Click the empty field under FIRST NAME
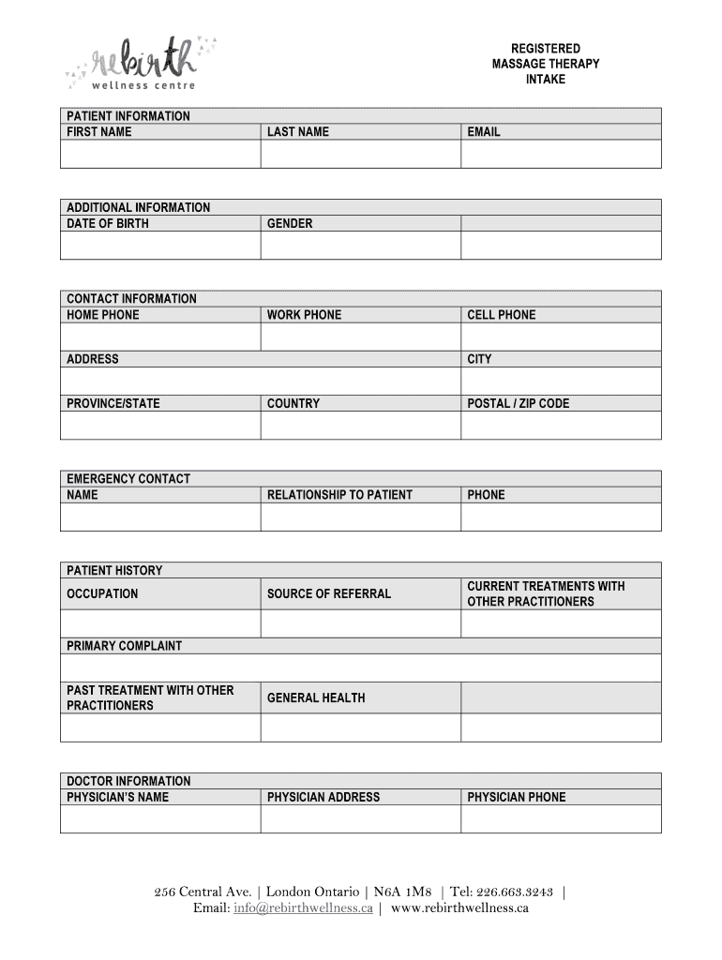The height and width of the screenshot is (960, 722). coord(160,154)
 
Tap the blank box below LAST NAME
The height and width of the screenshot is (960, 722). coord(360,154)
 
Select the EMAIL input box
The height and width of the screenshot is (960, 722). coord(561,154)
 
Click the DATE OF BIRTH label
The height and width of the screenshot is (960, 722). coord(108,224)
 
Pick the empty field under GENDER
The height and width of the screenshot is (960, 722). coord(360,245)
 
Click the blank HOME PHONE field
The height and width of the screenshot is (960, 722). coord(160,337)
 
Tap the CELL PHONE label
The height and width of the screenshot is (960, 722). coord(502,315)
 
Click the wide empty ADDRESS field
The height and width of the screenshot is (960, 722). coord(260,381)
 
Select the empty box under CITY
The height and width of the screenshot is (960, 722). coord(561,381)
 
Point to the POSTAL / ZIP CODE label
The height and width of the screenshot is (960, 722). coord(519,404)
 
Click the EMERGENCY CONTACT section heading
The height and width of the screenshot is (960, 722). coord(128,479)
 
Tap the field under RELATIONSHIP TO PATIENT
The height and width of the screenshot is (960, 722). coord(360,517)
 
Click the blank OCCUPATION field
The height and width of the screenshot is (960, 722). coord(160,623)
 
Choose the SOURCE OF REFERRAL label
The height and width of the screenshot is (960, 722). coord(329,593)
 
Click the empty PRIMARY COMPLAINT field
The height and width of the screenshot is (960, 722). coord(360,667)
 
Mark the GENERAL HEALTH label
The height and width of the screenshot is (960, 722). coord(316,697)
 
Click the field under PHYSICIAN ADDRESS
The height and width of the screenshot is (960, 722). coord(360,818)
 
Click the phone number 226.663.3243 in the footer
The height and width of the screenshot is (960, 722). coord(514,892)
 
